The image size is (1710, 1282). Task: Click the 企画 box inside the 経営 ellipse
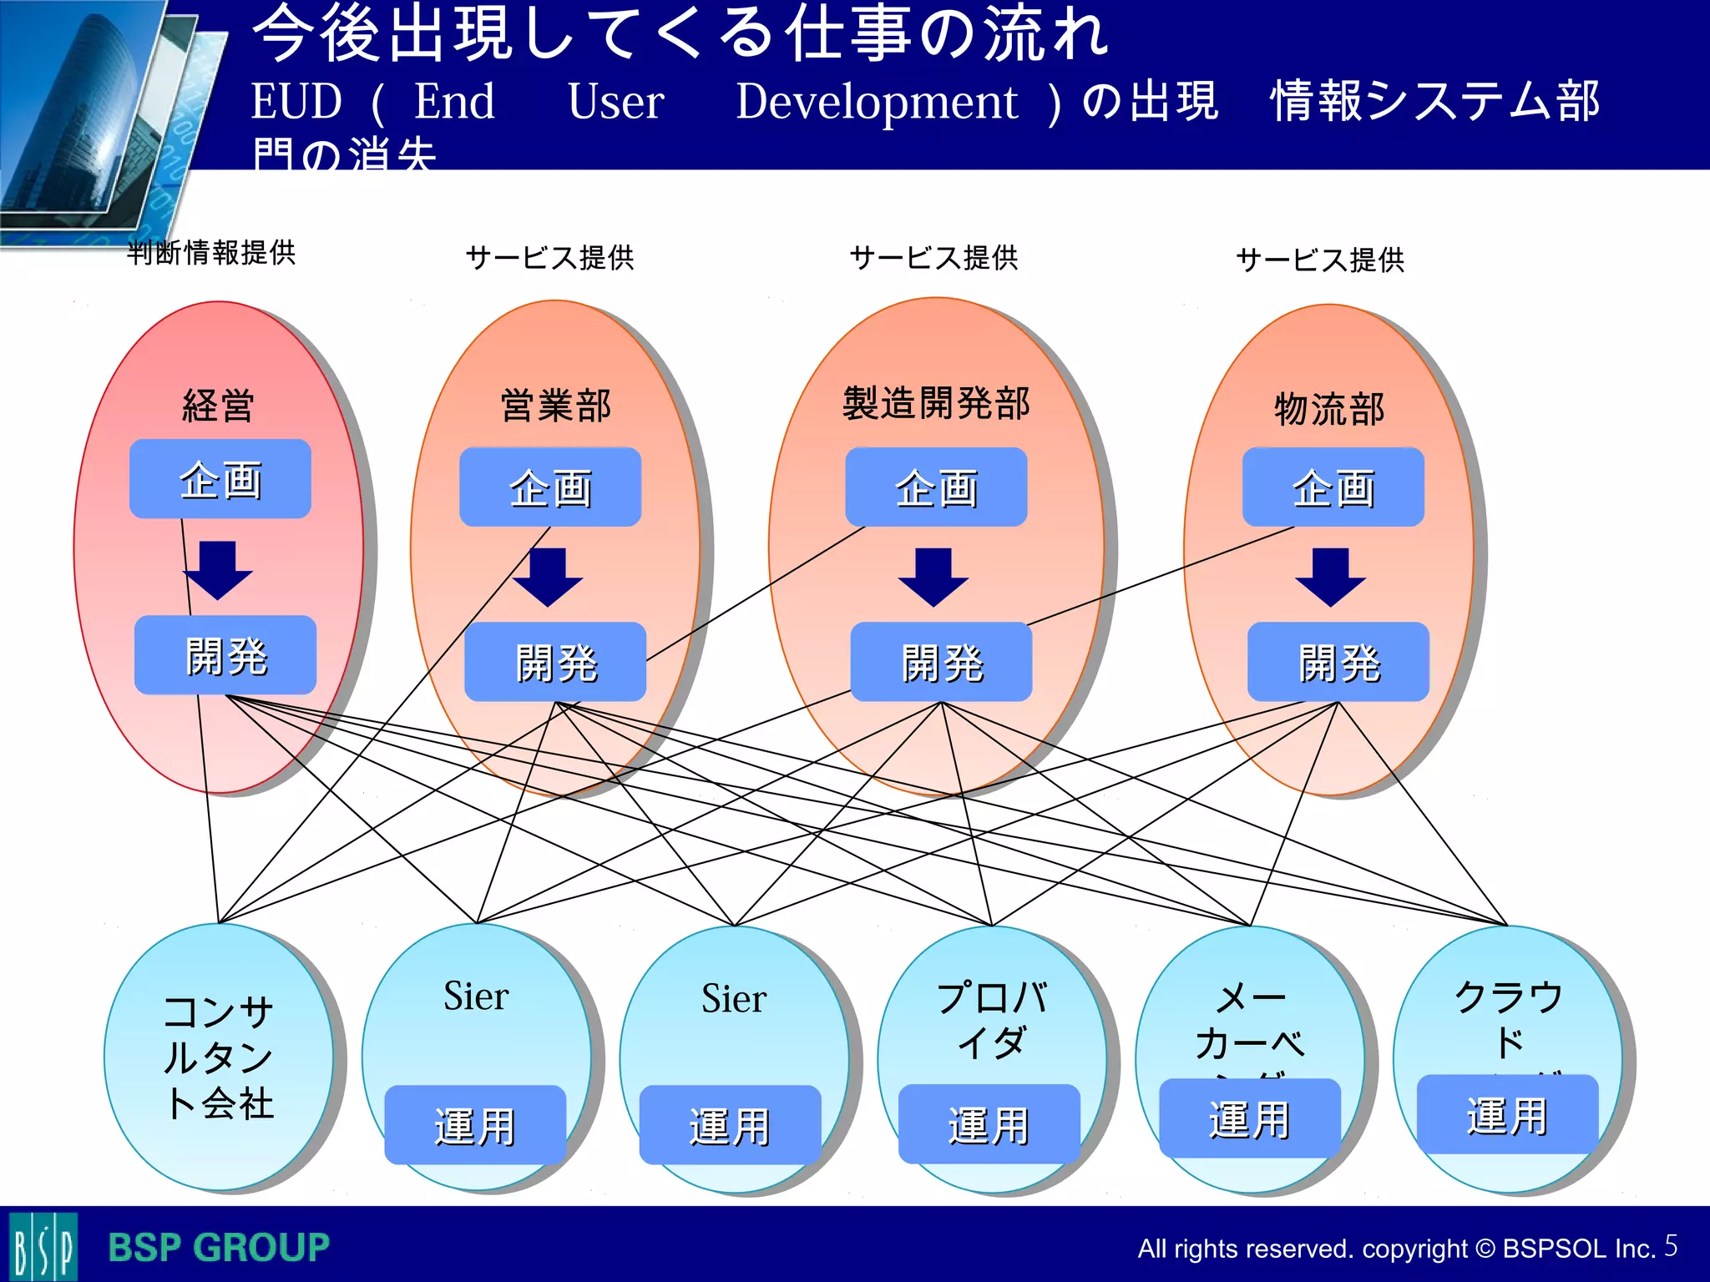(x=220, y=479)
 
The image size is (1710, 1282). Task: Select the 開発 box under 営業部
(x=555, y=662)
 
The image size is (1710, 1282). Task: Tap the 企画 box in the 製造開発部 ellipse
(x=936, y=487)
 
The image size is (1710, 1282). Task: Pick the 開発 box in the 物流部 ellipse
(x=1338, y=662)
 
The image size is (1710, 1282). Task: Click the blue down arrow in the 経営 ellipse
(x=218, y=571)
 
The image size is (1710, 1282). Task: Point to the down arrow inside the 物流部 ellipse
(x=1330, y=578)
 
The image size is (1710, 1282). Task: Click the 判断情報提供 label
(x=211, y=252)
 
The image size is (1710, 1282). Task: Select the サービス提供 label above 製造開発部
(x=933, y=258)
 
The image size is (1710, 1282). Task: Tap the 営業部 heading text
(x=555, y=406)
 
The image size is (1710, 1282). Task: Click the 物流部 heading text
(x=1329, y=409)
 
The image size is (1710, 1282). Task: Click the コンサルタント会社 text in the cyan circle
(x=218, y=1057)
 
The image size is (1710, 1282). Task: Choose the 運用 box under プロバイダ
(x=989, y=1124)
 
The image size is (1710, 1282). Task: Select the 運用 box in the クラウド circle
(x=1507, y=1115)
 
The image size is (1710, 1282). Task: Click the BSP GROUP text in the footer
(x=219, y=1248)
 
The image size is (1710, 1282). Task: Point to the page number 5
(x=1671, y=1245)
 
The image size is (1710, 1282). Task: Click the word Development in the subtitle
(x=877, y=103)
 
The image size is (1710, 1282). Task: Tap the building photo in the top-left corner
(x=92, y=109)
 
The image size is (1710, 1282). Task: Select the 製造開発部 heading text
(x=936, y=403)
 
